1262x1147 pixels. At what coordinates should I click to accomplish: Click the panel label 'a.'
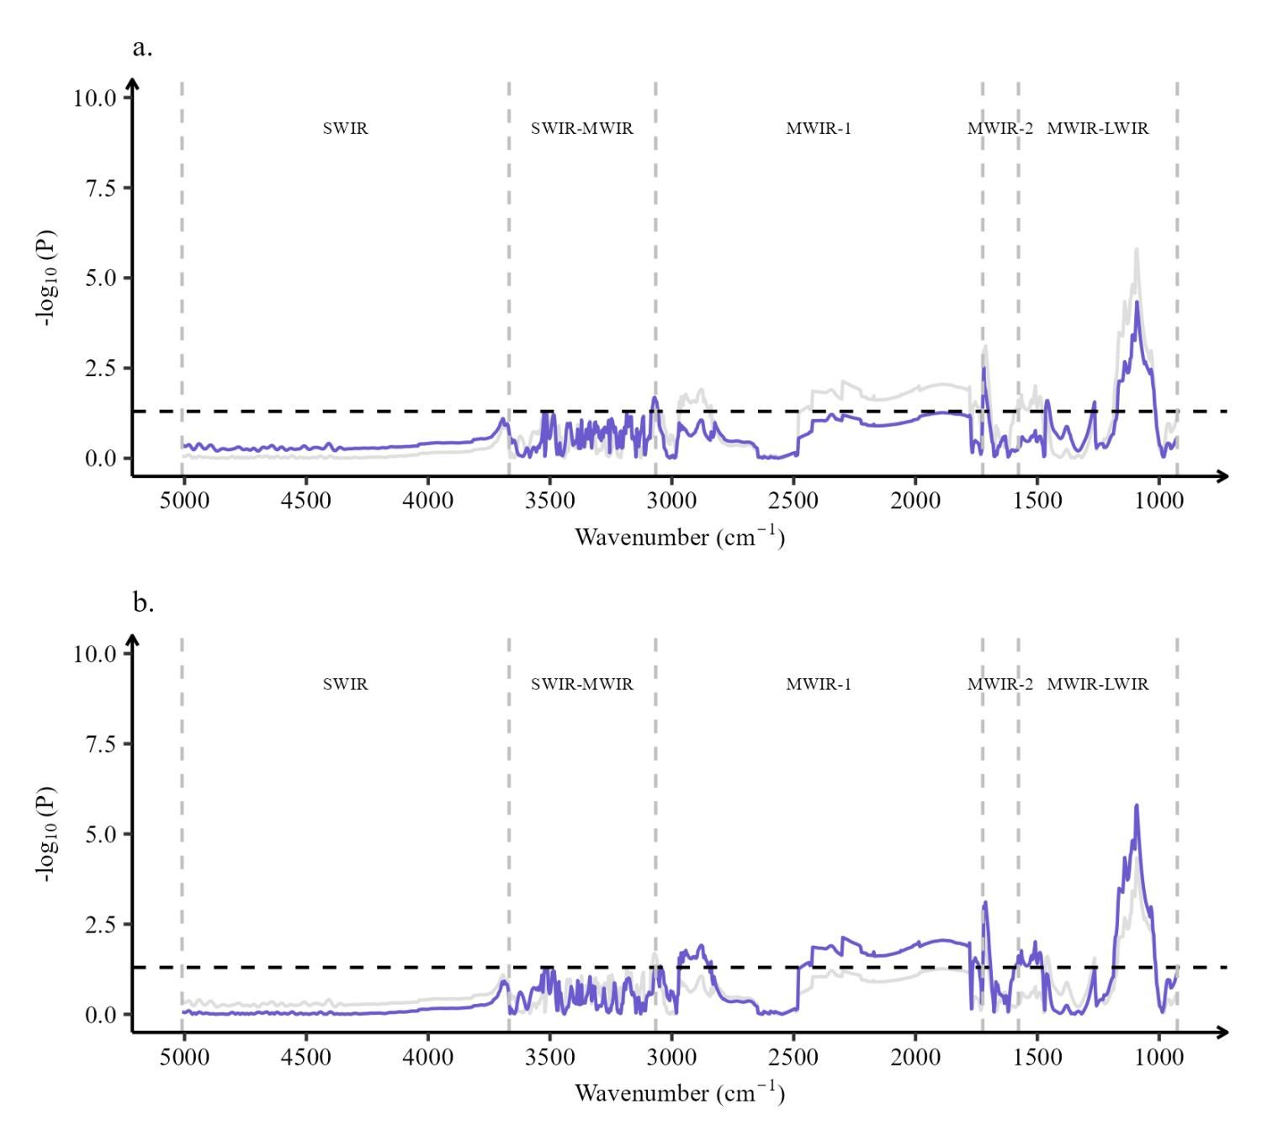tap(142, 48)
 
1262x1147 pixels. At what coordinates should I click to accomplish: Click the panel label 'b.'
tap(143, 603)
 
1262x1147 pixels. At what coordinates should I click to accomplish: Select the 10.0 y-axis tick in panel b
tap(95, 654)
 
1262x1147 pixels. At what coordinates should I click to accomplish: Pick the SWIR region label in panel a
tap(346, 129)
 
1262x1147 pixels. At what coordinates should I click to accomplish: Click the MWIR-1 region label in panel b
tap(819, 684)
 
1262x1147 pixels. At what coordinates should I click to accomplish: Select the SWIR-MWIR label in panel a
tap(582, 129)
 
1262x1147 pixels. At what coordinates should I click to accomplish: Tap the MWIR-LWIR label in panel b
tap(1097, 684)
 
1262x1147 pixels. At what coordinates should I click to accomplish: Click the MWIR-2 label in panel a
tap(1000, 129)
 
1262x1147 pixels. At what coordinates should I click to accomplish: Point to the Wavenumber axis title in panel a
tap(680, 536)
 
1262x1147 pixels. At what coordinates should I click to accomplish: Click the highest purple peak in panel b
tap(1137, 805)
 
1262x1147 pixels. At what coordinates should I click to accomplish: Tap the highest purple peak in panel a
tap(1137, 302)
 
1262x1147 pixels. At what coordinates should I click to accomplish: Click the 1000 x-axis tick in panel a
tap(1159, 499)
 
